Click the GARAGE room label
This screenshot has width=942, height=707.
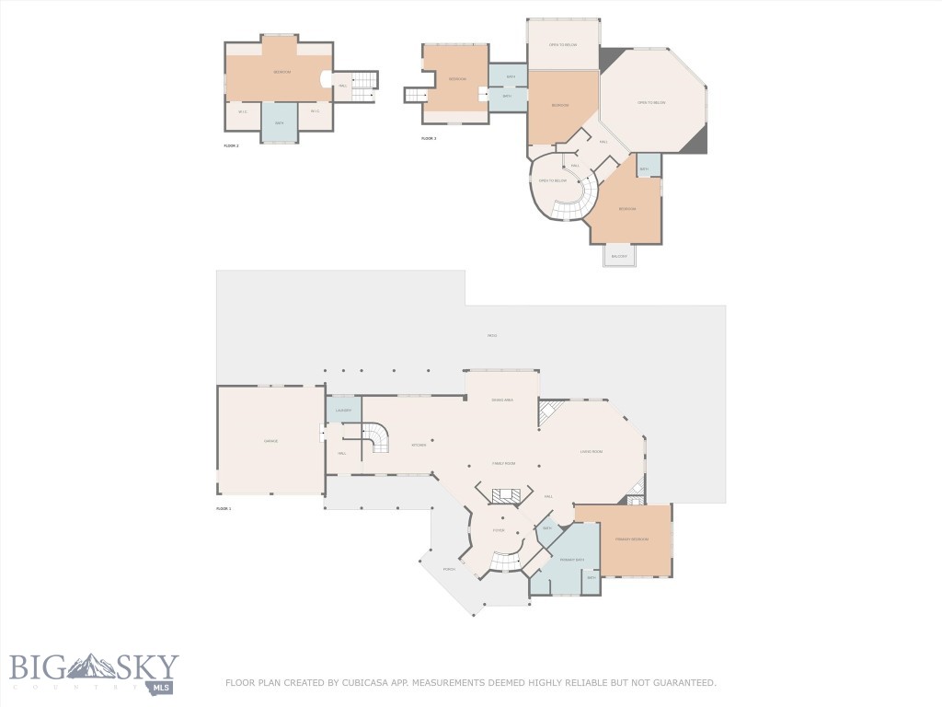point(270,442)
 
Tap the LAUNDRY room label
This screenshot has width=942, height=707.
point(343,411)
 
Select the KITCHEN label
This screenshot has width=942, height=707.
point(419,446)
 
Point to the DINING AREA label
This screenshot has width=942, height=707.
point(501,400)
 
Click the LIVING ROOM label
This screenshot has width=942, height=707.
point(591,451)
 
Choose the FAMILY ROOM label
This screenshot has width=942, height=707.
point(503,464)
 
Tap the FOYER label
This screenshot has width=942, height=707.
point(499,531)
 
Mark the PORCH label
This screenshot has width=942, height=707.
point(449,570)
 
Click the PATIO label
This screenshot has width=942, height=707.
point(492,336)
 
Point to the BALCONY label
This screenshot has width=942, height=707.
point(619,256)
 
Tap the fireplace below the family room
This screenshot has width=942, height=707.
point(505,495)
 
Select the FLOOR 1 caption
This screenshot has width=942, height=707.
point(224,509)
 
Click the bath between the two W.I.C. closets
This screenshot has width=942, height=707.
point(279,122)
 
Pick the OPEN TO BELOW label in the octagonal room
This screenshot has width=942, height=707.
point(651,102)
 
